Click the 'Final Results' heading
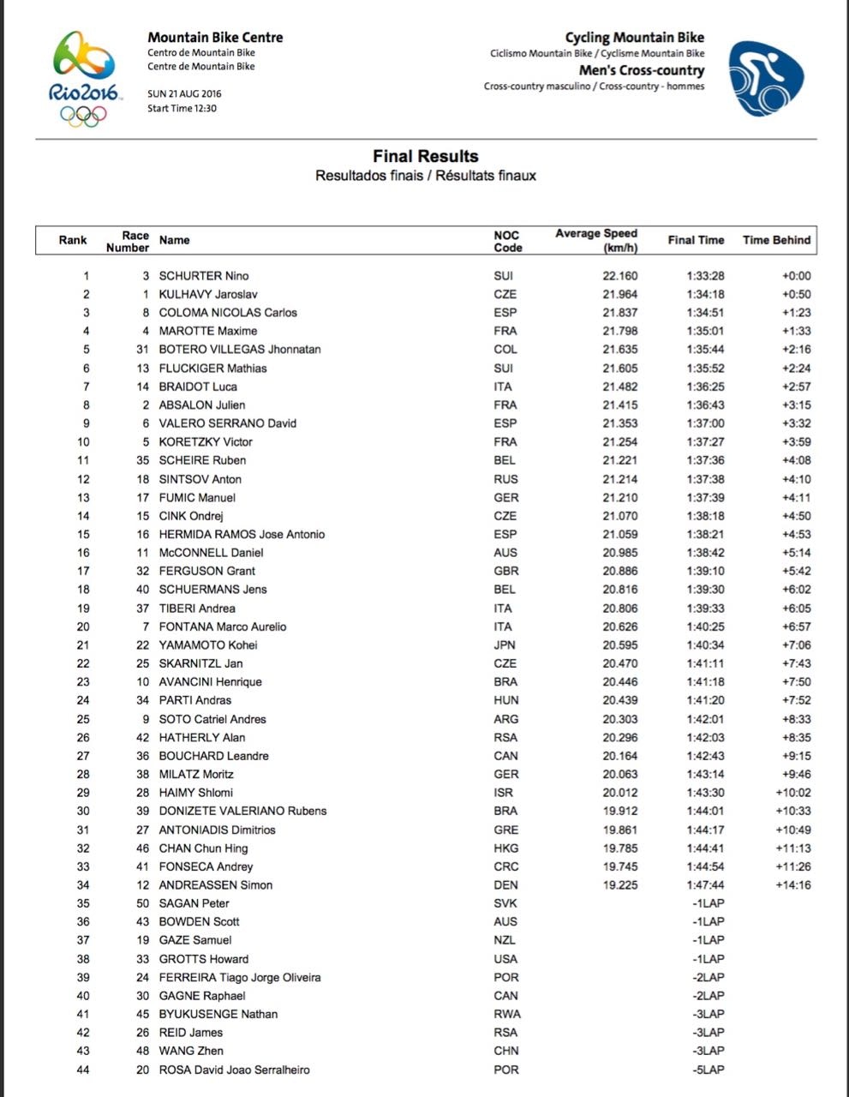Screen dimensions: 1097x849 click(x=425, y=156)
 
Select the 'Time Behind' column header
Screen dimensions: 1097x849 click(x=776, y=240)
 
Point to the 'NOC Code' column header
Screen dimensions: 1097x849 click(x=507, y=241)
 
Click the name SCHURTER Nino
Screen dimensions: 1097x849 click(x=204, y=276)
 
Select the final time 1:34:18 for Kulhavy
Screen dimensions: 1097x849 click(x=705, y=294)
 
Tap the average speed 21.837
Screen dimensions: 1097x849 click(x=619, y=313)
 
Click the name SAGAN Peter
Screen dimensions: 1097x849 click(x=194, y=903)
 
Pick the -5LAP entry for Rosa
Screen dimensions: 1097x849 click(x=708, y=1070)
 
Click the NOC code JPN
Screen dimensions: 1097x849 click(x=505, y=644)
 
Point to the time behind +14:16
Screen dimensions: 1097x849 click(x=792, y=884)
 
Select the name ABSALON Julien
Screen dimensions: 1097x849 click(x=202, y=405)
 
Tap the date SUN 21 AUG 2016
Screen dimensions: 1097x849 click(x=184, y=93)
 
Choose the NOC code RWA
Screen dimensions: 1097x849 click(x=506, y=1014)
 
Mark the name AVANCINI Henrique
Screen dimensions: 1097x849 click(x=211, y=681)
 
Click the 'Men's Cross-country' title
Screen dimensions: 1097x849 click(x=641, y=70)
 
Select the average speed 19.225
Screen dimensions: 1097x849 click(x=619, y=884)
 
